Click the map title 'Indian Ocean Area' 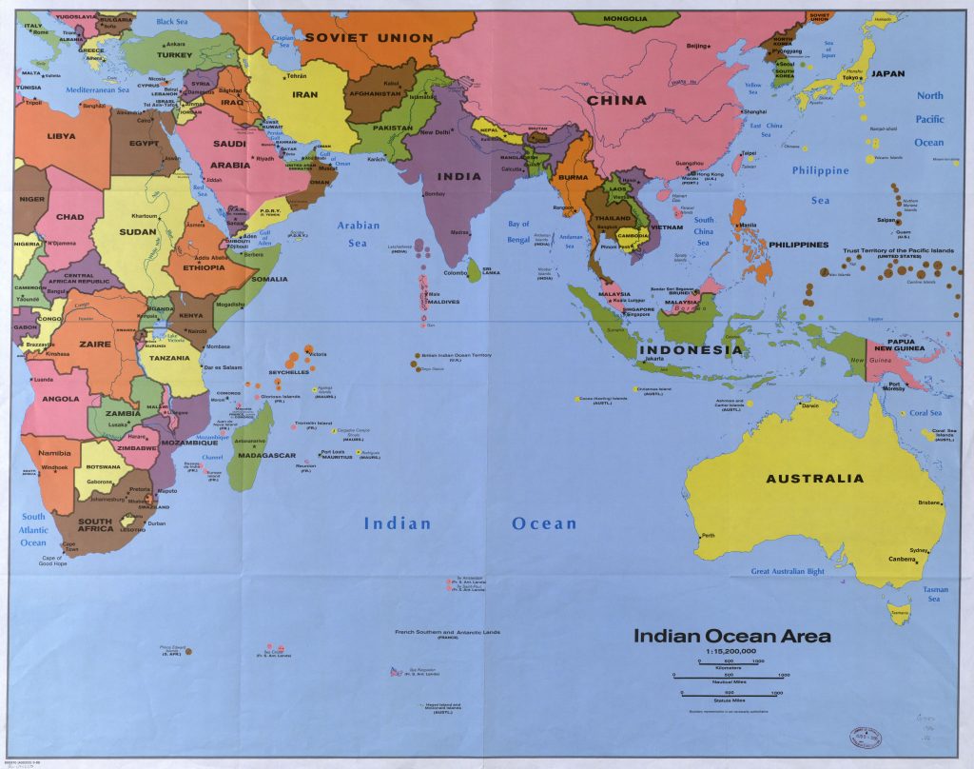731,636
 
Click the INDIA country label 459,176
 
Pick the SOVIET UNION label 368,38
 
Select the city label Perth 707,536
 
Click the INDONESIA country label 690,350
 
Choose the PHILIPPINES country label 800,245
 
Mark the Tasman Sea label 933,594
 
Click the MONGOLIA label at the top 625,18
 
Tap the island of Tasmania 899,617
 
